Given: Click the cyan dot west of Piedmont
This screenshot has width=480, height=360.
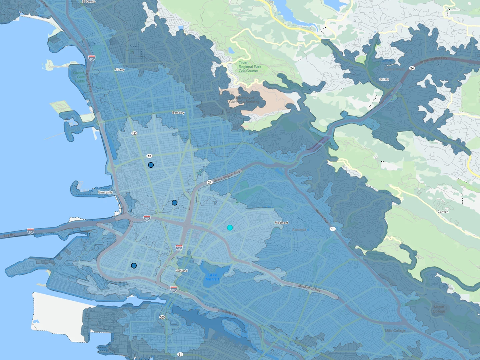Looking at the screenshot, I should (x=230, y=228).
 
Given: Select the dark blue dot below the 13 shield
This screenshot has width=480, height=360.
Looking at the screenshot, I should (x=151, y=165).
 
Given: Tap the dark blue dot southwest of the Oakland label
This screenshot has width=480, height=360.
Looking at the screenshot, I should (x=134, y=266).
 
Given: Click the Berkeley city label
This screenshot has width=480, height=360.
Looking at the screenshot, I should (x=178, y=113).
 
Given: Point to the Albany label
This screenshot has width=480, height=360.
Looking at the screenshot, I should (x=119, y=70).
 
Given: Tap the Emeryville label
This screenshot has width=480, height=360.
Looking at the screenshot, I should (x=105, y=192).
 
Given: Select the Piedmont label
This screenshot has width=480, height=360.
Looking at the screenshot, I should (x=281, y=223).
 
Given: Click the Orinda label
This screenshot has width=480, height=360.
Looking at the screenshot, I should (x=384, y=79).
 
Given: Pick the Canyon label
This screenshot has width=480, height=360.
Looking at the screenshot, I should (x=443, y=212).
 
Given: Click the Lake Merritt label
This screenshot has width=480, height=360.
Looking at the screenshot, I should (x=212, y=277).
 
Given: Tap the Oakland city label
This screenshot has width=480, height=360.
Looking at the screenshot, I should (x=182, y=271).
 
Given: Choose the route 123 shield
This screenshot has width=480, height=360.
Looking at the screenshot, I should (x=134, y=133).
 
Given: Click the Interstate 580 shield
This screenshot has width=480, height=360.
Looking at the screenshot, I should (x=147, y=219).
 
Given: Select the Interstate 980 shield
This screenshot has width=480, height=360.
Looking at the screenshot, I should (x=179, y=248).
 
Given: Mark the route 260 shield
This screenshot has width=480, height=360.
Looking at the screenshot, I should (x=162, y=317).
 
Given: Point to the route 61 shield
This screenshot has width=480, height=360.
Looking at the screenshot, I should (x=180, y=354).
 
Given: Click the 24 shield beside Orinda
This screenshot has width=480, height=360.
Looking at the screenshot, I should (x=412, y=68).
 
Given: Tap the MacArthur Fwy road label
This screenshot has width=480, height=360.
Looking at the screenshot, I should (x=309, y=288).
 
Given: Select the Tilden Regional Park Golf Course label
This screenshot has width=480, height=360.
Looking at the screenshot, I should (x=250, y=67).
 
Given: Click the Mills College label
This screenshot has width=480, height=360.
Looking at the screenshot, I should (x=395, y=331).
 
